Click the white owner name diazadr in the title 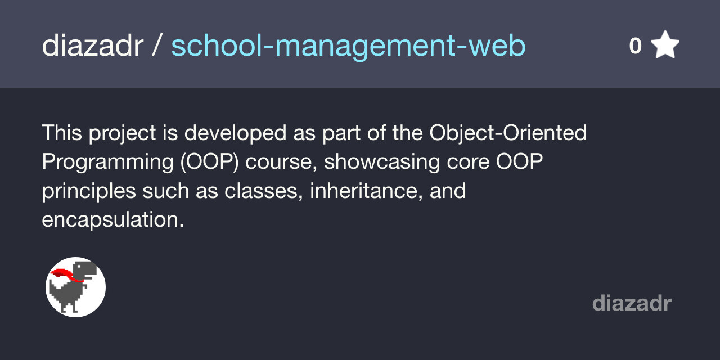[92, 46]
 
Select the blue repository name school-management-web [348, 46]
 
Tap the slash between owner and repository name [157, 46]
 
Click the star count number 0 [635, 46]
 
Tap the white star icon [665, 46]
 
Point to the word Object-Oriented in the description [508, 133]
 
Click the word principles [89, 191]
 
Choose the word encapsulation [112, 219]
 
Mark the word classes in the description [259, 191]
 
